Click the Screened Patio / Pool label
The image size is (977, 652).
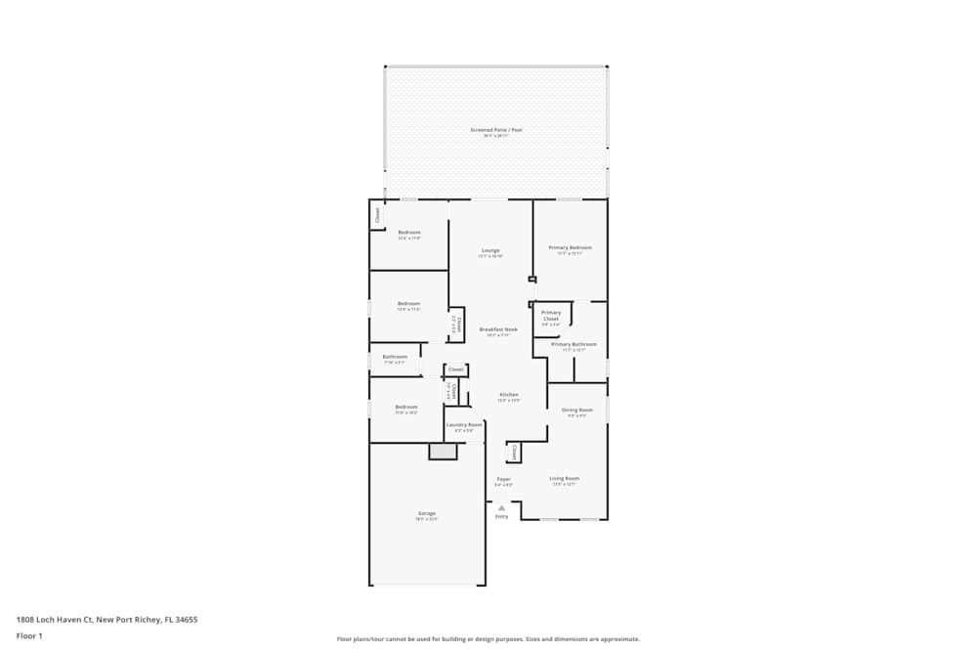[496, 130]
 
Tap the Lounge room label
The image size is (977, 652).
[490, 250]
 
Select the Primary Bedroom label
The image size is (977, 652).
[571, 248]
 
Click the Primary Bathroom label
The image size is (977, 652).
[573, 344]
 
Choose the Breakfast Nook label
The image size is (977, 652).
[498, 330]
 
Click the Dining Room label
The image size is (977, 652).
[578, 411]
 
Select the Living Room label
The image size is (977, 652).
[564, 479]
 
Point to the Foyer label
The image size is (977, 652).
[503, 480]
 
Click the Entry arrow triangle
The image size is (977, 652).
[501, 507]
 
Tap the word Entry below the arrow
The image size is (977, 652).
[501, 516]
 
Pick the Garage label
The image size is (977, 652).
[427, 513]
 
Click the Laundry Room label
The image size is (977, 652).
[464, 425]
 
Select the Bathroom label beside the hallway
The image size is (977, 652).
[395, 357]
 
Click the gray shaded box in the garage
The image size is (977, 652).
[443, 452]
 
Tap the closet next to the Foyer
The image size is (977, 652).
[514, 452]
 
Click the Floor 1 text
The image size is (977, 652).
[29, 635]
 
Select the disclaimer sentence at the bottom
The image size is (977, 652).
[488, 639]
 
